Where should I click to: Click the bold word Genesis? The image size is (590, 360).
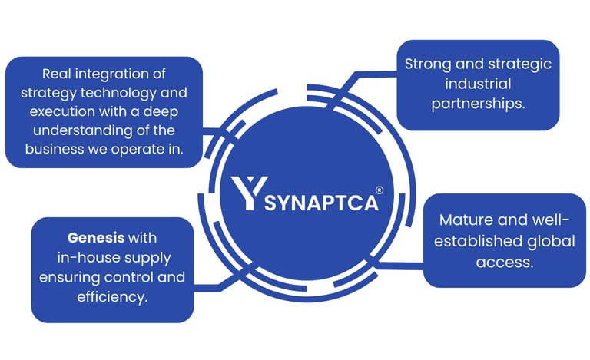(95, 237)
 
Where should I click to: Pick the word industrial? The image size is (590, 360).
(477, 84)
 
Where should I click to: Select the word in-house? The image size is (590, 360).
(88, 257)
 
